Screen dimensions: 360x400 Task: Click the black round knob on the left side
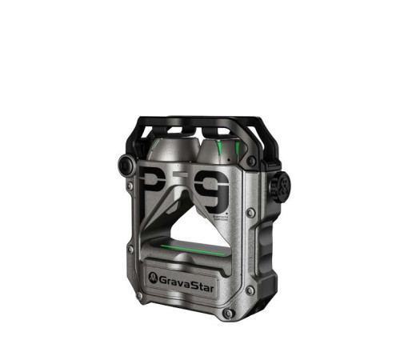pyautogui.click(x=126, y=166)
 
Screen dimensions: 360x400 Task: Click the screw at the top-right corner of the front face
pyautogui.click(x=251, y=161)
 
